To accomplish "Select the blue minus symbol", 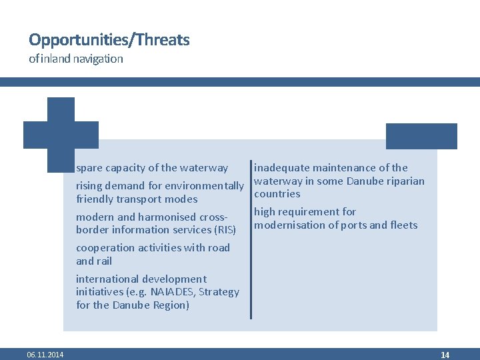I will point(421,136).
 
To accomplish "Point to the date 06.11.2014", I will point(45,355).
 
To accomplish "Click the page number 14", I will point(445,355).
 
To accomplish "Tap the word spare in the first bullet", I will point(89,168).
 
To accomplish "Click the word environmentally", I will point(204,186).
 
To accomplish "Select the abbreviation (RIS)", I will point(225,230).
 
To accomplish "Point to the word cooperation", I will point(103,248).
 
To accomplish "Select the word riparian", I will point(404,181).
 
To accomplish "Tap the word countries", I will point(277,194).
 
